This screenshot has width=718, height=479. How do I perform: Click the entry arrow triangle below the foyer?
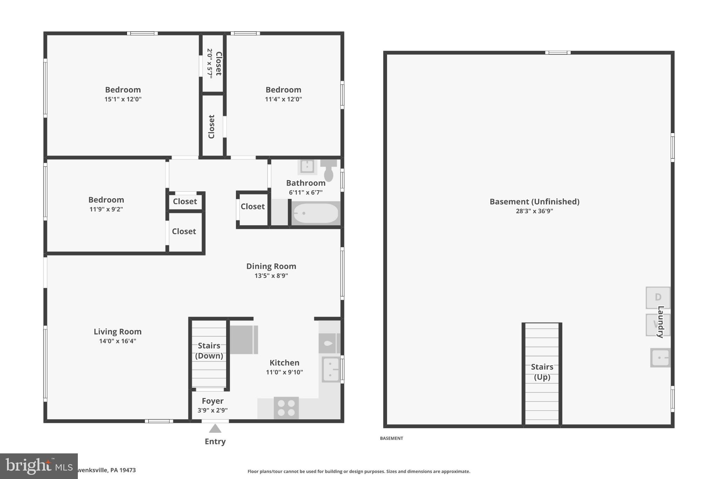coord(215,428)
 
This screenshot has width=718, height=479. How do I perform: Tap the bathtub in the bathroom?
coord(316,213)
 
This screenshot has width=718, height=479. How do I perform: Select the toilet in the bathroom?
coord(328,170)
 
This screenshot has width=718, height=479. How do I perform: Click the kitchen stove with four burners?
coord(286,408)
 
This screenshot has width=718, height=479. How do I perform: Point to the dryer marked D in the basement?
coord(658,298)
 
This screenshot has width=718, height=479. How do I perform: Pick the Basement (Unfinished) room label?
coord(534,202)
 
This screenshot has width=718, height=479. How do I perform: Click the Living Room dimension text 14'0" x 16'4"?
coord(117,341)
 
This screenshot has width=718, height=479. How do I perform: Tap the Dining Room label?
coord(271,266)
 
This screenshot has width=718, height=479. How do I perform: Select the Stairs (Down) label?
coord(209,351)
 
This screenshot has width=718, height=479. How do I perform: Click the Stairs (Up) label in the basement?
coord(542,372)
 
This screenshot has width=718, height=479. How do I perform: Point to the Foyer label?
coord(212,401)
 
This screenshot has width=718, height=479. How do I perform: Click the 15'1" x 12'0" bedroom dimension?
coord(123,99)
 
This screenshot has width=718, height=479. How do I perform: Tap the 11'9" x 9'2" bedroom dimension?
coord(106,209)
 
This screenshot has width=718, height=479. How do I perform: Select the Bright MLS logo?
coord(39,466)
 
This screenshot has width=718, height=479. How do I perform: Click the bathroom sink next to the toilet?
coord(307,166)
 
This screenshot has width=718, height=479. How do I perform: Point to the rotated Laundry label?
coord(661,322)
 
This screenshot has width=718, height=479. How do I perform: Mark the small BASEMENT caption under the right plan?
coord(391,438)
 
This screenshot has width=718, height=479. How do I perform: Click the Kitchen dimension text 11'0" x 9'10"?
coord(284,372)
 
